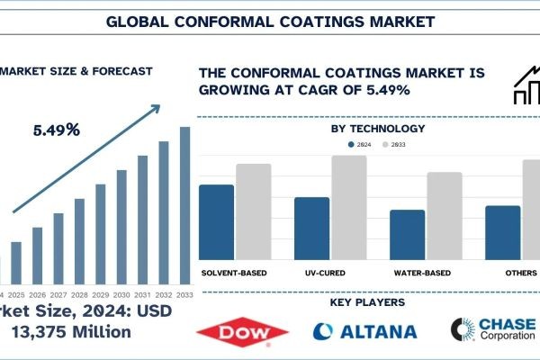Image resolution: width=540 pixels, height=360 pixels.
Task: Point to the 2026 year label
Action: click(x=37, y=295)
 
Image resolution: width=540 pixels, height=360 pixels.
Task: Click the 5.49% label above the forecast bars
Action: click(x=55, y=130)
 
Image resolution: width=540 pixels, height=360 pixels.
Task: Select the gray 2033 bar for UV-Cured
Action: click(x=349, y=208)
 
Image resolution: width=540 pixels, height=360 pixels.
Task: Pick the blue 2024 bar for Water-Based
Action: click(x=407, y=235)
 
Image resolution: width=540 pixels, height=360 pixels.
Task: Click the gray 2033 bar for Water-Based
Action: click(x=445, y=216)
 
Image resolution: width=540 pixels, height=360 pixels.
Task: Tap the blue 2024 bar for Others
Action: click(x=502, y=233)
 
